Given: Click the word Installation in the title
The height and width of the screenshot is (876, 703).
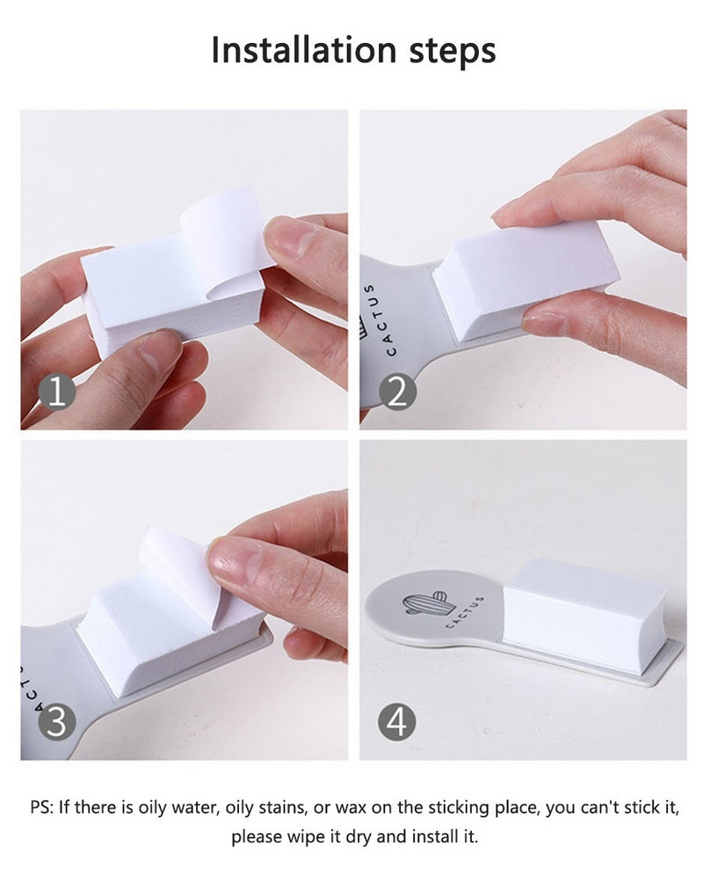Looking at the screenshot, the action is pyautogui.click(x=304, y=50).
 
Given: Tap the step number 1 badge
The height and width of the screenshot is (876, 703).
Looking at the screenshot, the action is pyautogui.click(x=57, y=392).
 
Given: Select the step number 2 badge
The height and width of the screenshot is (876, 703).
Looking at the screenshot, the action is pyautogui.click(x=397, y=392).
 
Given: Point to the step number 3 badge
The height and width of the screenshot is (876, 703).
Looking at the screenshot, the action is pyautogui.click(x=57, y=722).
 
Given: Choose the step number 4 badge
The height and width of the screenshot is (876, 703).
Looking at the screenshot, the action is pyautogui.click(x=397, y=722).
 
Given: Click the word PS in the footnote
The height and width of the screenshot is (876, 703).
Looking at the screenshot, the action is pyautogui.click(x=40, y=807).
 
